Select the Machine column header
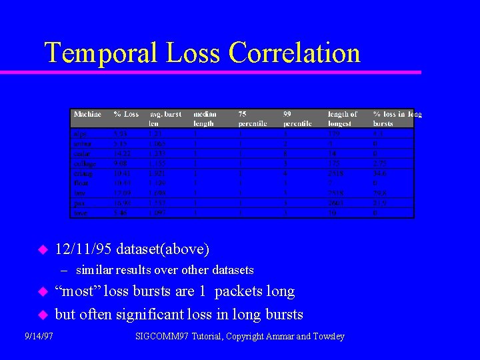click(87, 115)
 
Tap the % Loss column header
click(126, 115)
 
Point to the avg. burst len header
click(165, 119)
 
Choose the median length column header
click(204, 119)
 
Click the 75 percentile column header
click(252, 119)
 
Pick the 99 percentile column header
click(297, 119)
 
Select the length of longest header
click(342, 119)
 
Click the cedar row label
click(81, 153)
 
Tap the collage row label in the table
click(85, 163)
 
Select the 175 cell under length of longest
click(334, 163)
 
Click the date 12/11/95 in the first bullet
click(84, 249)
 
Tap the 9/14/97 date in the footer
click(39, 336)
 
